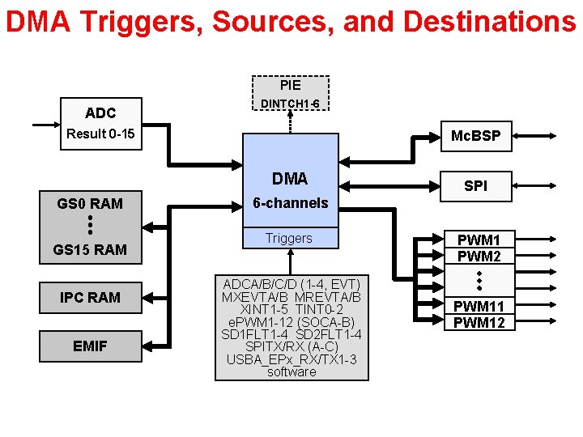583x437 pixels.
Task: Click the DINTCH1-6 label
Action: [x=289, y=104]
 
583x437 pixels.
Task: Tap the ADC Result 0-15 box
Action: [x=100, y=124]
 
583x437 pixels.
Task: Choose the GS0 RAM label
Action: [x=90, y=204]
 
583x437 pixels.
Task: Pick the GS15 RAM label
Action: [x=90, y=250]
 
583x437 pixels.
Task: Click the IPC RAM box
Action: [x=90, y=298]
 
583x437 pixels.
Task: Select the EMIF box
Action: [x=90, y=346]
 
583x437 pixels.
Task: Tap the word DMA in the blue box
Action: [x=290, y=179]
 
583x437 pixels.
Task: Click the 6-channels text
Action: [x=290, y=203]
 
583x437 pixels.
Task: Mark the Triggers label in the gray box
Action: [x=289, y=239]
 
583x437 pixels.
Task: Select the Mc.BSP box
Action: [x=475, y=137]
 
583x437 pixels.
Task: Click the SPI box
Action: [x=475, y=186]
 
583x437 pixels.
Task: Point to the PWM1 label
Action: [x=479, y=240]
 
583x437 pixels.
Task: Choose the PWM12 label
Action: [x=479, y=323]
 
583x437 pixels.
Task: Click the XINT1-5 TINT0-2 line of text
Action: [x=291, y=310]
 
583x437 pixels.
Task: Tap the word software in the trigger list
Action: [x=291, y=371]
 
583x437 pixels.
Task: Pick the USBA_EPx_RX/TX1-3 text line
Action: [x=291, y=359]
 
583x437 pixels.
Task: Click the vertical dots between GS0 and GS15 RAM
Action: [x=90, y=226]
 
